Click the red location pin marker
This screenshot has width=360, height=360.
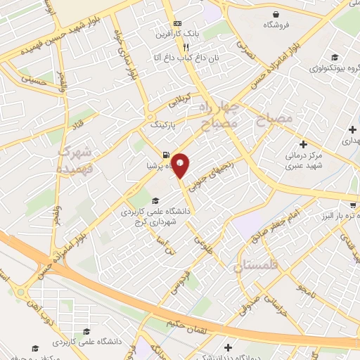(x=181, y=165)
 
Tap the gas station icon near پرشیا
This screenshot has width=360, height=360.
(x=165, y=155)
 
